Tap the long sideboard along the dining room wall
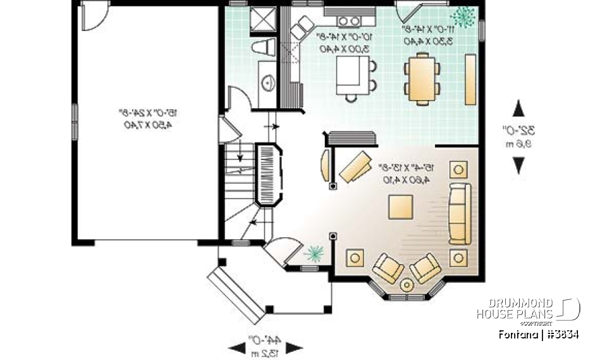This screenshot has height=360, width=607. pos(470,79)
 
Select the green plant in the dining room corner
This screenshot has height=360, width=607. pos(465,17)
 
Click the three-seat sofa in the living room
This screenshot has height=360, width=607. pos(460,213)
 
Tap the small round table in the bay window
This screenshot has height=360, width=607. pos(407,285)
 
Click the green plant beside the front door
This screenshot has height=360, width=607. pos(314,254)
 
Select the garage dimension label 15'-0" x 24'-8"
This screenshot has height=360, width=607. pos(147,119)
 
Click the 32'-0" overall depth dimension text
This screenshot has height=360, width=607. pos(522,131)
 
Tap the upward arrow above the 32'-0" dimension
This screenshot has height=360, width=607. pos(518,108)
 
